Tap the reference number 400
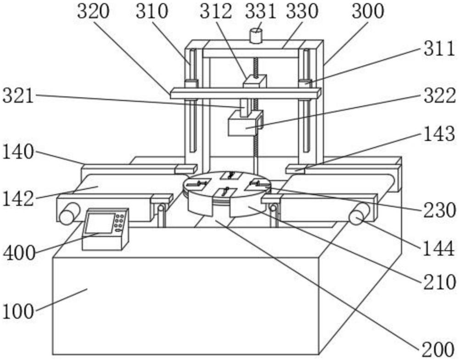pyautogui.click(x=19, y=252)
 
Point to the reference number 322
pyautogui.click(x=439, y=96)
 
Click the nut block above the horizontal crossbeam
pyautogui.click(x=254, y=82)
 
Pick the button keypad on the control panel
pyautogui.click(x=120, y=219)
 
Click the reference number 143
pyautogui.click(x=439, y=135)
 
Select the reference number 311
pyautogui.click(x=439, y=50)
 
